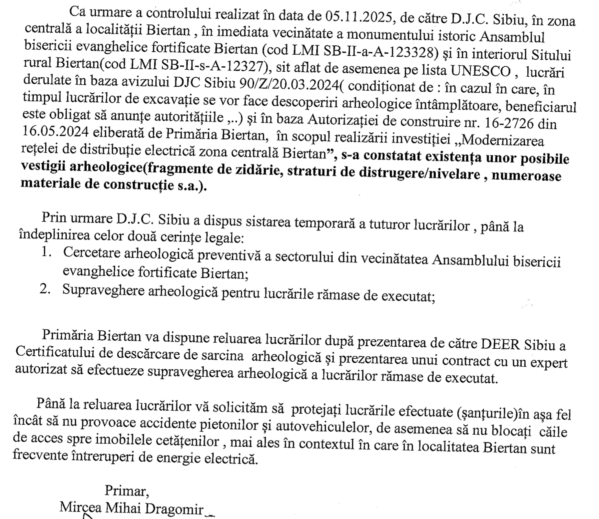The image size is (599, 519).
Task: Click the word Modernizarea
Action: pyautogui.click(x=503, y=141)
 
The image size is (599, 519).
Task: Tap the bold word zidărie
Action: pyautogui.click(x=256, y=171)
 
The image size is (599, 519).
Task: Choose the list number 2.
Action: pyautogui.click(x=45, y=288)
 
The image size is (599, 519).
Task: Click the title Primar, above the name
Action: pyautogui.click(x=127, y=491)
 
